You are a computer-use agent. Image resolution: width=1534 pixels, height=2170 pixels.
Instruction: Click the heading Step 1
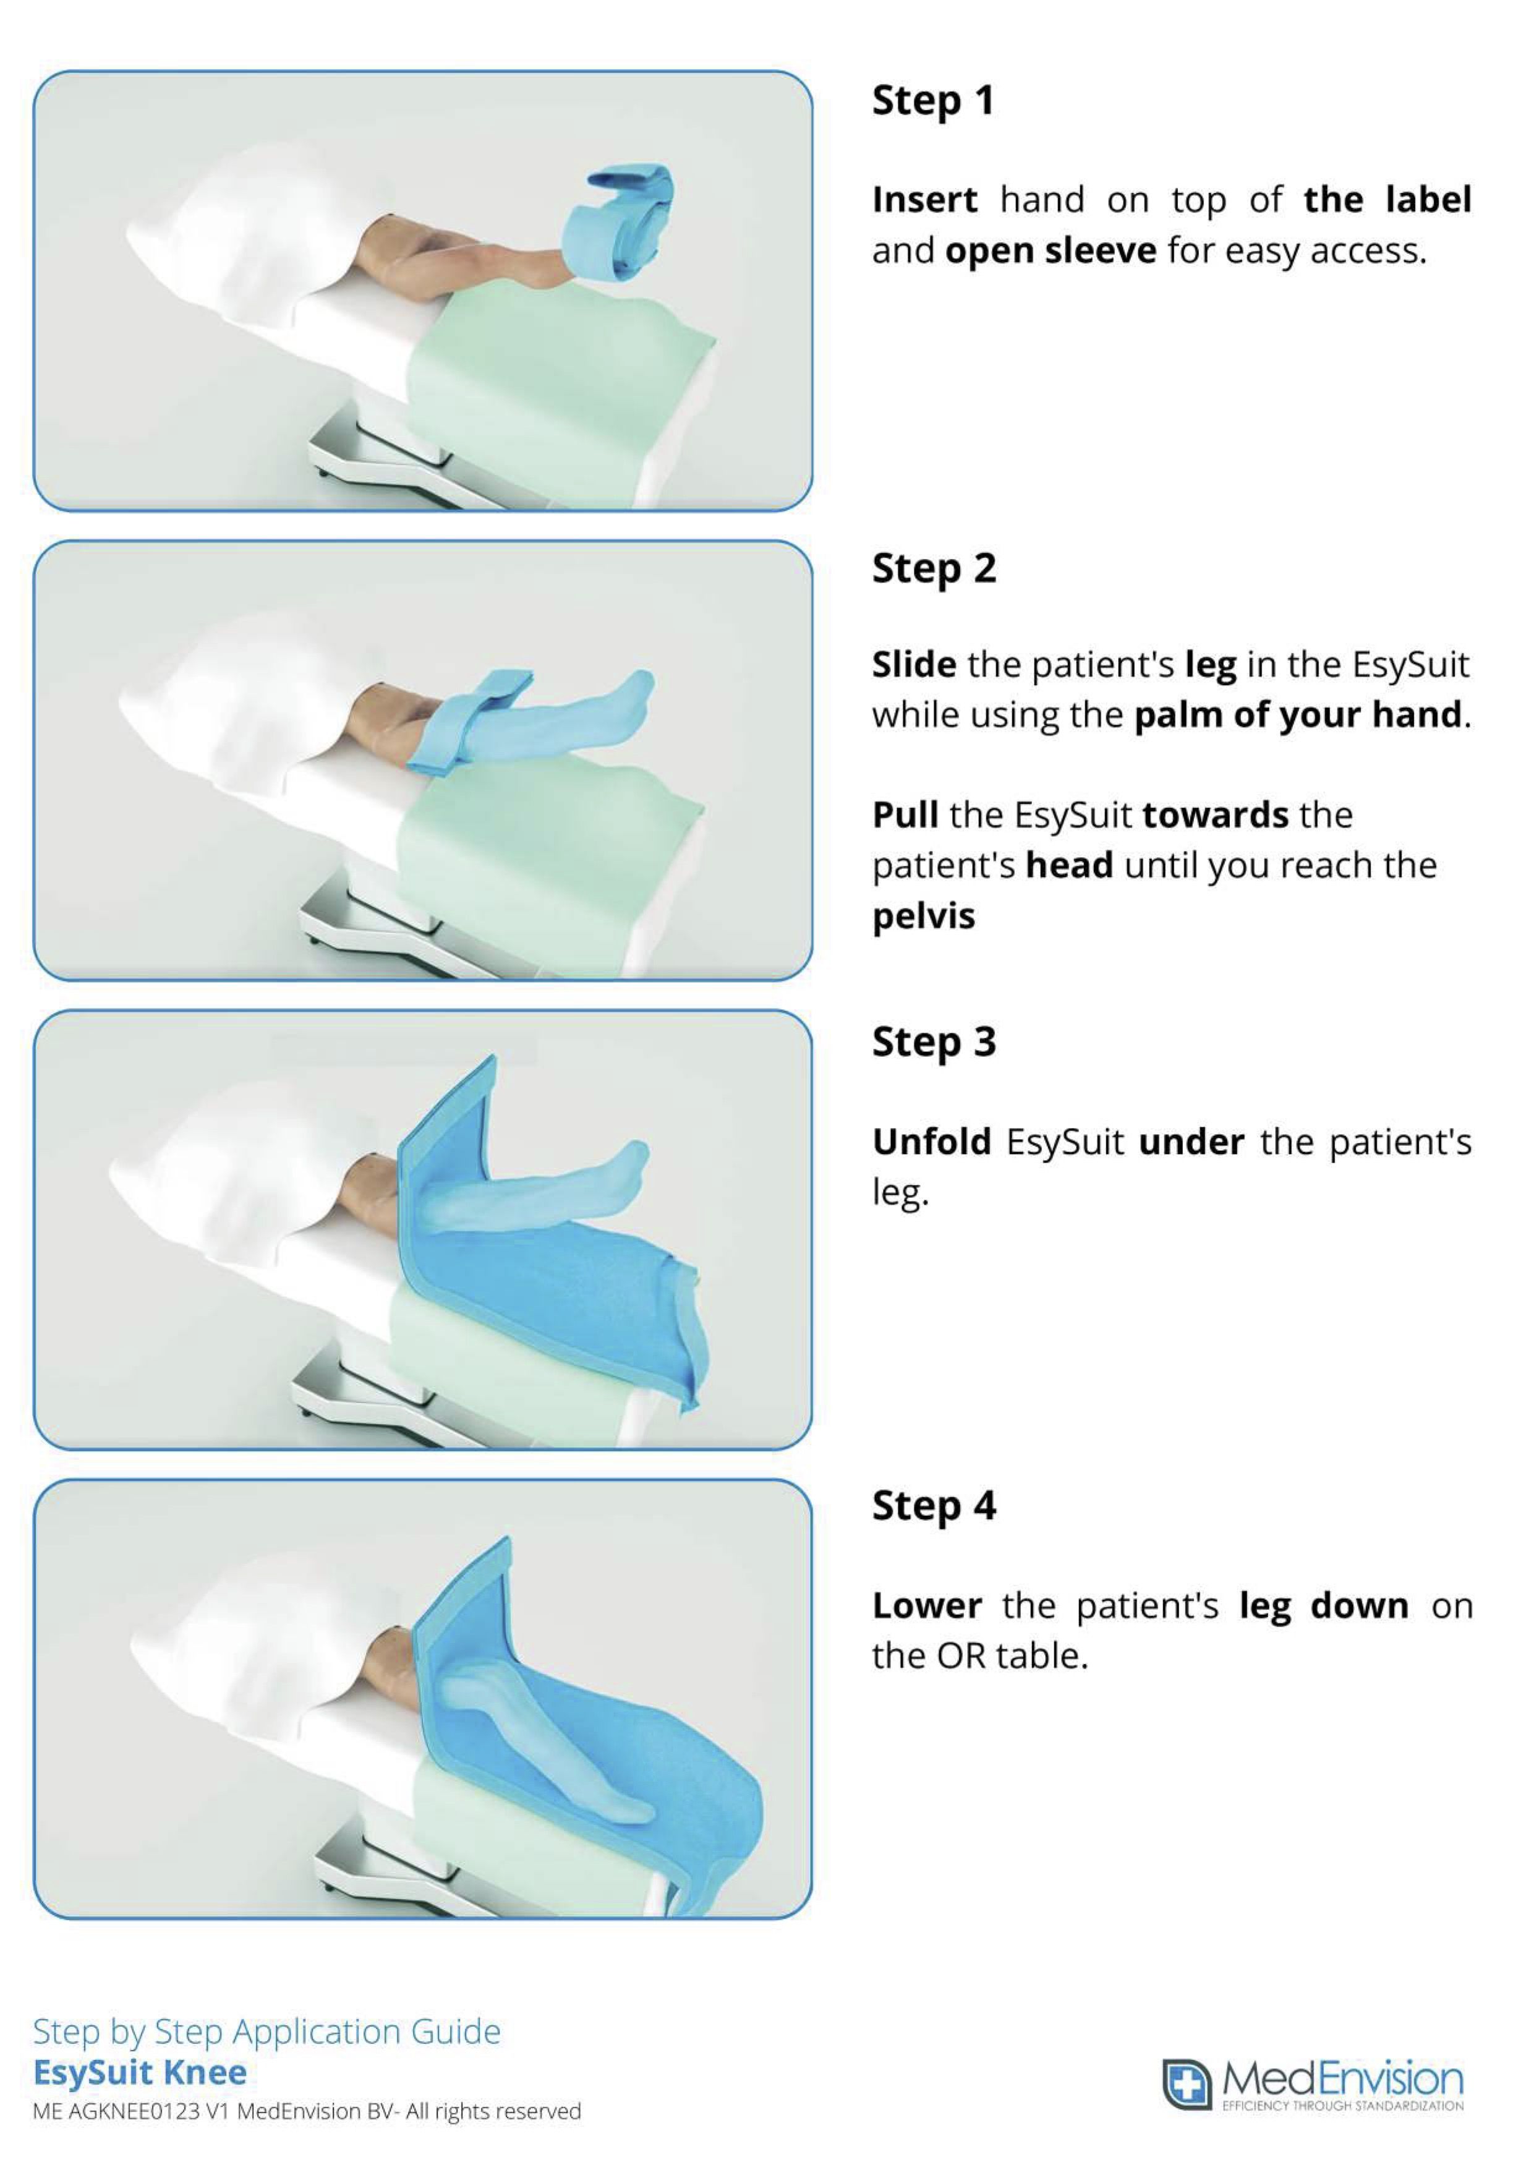coord(933,100)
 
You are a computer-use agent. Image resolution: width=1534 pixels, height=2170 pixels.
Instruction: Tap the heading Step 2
coord(934,568)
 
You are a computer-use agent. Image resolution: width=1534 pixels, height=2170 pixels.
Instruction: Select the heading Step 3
coord(934,1041)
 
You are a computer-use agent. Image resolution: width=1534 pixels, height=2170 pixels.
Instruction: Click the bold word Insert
coord(924,200)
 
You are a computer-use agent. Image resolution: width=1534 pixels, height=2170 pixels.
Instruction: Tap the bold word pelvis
coord(923,916)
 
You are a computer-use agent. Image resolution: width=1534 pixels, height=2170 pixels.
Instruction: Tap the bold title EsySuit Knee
coord(140,2073)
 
